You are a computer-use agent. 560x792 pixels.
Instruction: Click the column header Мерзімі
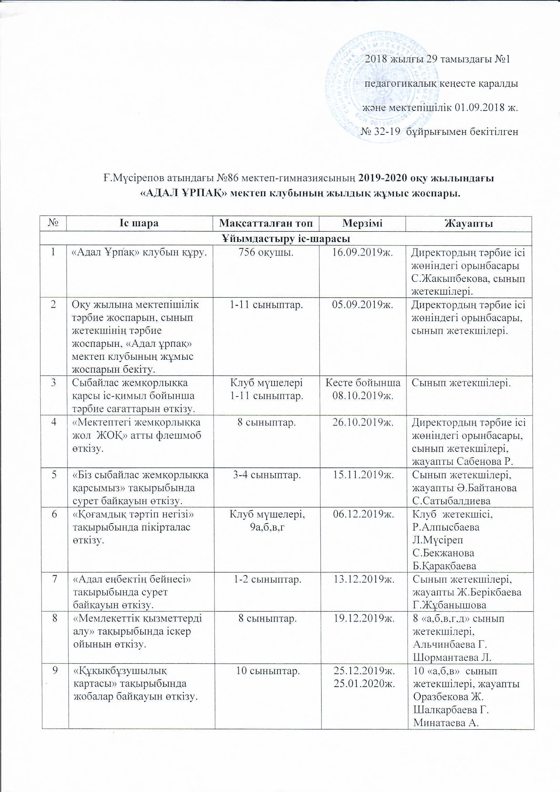pos(362,224)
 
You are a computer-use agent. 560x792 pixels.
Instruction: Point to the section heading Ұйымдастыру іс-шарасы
pos(287,238)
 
